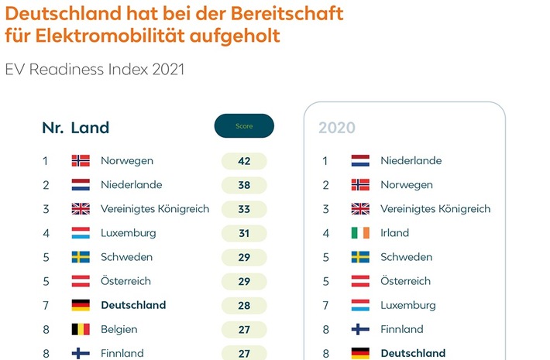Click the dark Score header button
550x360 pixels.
pyautogui.click(x=244, y=126)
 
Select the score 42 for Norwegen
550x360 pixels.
pyautogui.click(x=244, y=161)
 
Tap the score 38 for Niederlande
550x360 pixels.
pyautogui.click(x=244, y=185)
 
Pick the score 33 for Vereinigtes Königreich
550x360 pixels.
pyautogui.click(x=244, y=209)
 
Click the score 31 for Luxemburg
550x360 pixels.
pyautogui.click(x=244, y=233)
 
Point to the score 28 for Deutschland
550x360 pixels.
pyautogui.click(x=244, y=305)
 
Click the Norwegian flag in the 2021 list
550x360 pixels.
pyautogui.click(x=81, y=161)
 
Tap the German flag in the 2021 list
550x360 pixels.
pyautogui.click(x=81, y=305)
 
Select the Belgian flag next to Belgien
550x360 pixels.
pyautogui.click(x=81, y=329)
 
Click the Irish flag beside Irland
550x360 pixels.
pyautogui.click(x=360, y=233)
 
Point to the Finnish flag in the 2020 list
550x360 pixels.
pyautogui.click(x=360, y=329)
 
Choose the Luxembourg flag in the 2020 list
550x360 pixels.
pyautogui.click(x=360, y=305)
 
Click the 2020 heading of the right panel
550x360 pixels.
pyautogui.click(x=337, y=128)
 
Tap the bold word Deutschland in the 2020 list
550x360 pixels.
pyautogui.click(x=413, y=353)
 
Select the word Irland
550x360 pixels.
pyautogui.click(x=394, y=233)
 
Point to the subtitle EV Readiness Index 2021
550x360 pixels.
pyautogui.click(x=95, y=70)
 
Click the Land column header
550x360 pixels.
pyautogui.click(x=90, y=128)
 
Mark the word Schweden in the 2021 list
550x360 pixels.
pyautogui.click(x=126, y=257)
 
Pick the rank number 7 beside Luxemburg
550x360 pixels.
pyautogui.click(x=325, y=305)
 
